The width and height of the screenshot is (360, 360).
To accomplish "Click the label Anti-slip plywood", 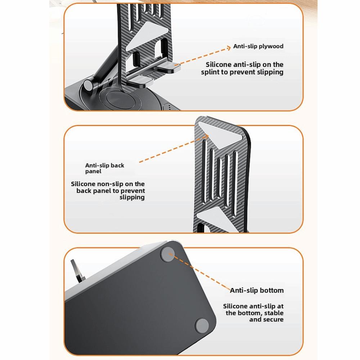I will [258, 46].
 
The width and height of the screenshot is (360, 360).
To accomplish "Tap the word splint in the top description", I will [214, 72].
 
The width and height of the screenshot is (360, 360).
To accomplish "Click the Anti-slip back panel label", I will [104, 168].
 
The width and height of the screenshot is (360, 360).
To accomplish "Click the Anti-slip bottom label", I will [257, 290].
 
